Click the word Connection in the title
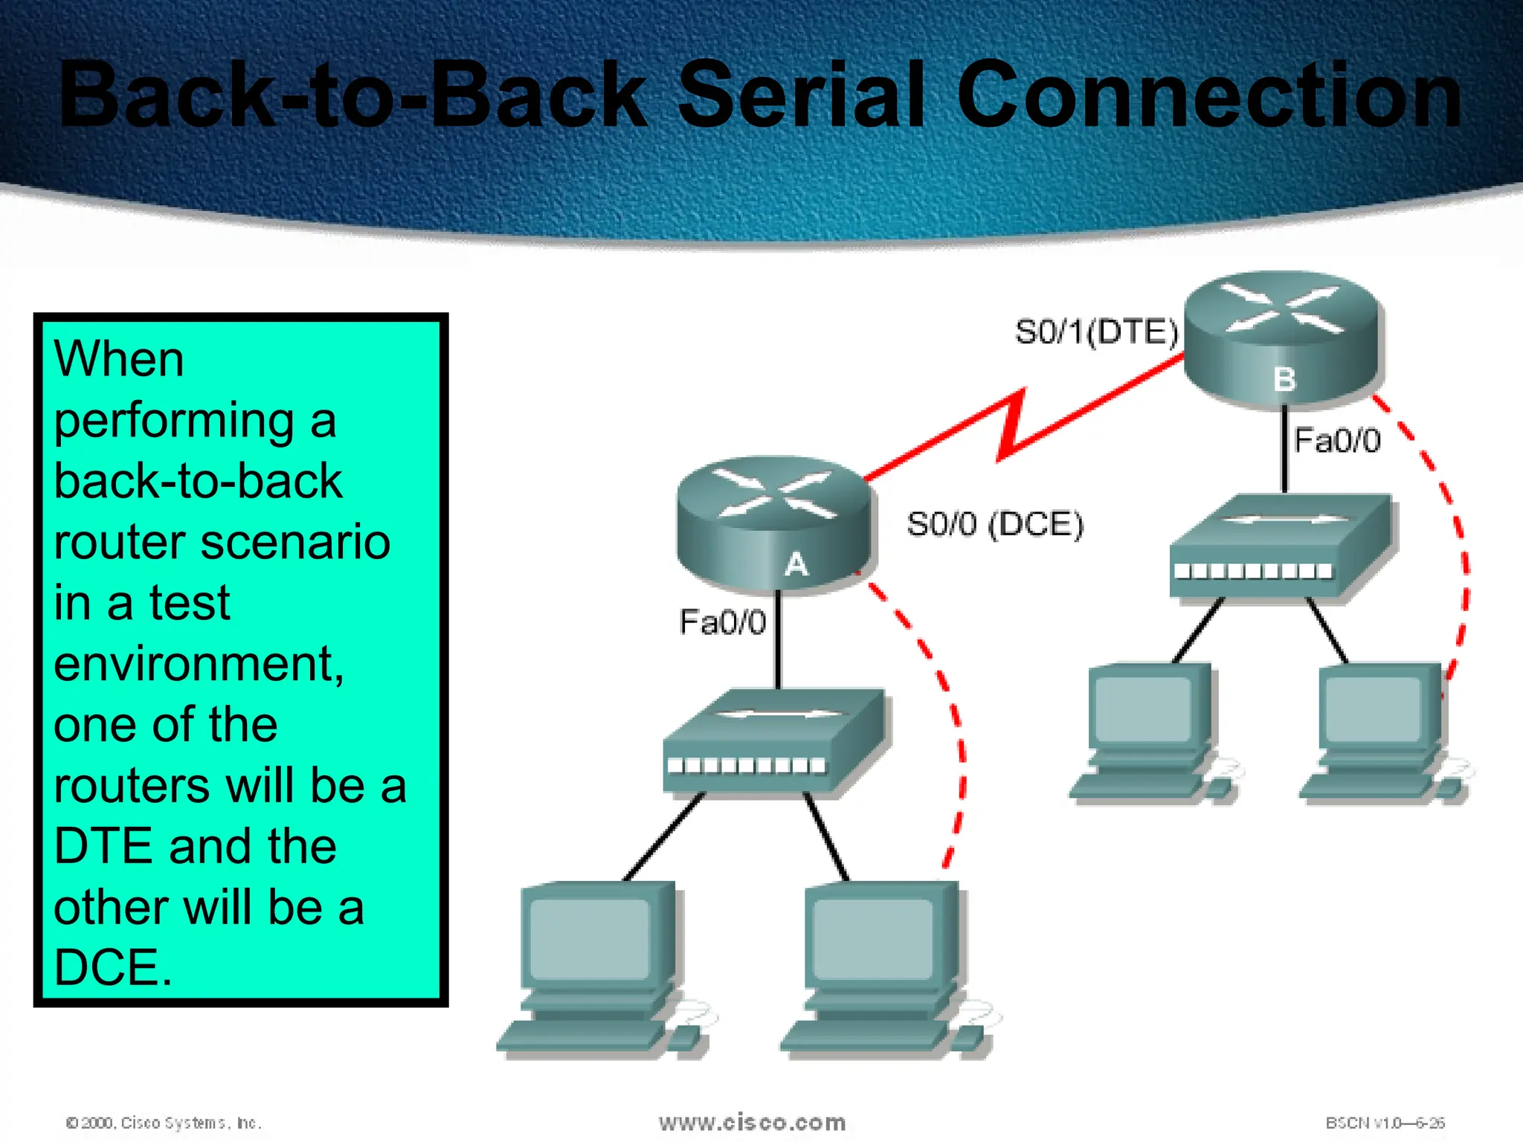[x=1208, y=97]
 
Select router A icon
[x=773, y=524]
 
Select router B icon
[x=1281, y=338]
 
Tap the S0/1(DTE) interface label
[x=1096, y=332]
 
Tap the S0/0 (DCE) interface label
[x=995, y=524]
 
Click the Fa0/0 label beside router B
[x=1337, y=440]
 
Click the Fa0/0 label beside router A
[x=722, y=622]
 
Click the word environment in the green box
[x=198, y=663]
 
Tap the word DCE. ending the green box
[x=113, y=967]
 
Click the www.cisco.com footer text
[x=752, y=1122]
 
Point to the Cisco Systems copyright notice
[x=164, y=1123]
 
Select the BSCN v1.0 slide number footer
[x=1384, y=1123]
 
